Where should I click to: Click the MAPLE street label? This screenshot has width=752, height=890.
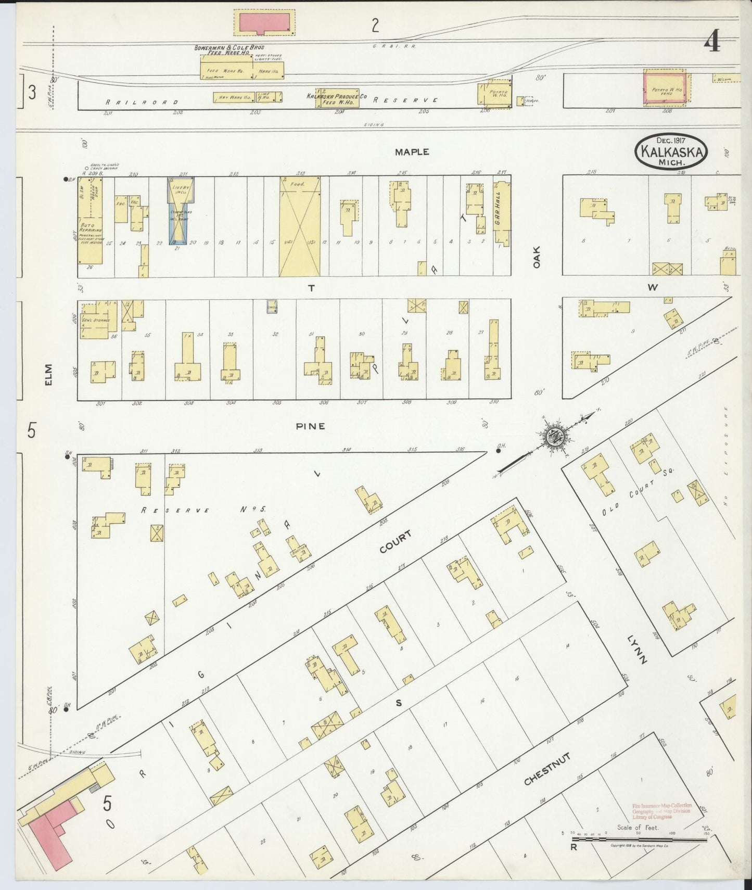(412, 151)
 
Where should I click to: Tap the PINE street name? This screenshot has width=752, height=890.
(311, 426)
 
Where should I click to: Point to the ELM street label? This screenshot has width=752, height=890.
(49, 374)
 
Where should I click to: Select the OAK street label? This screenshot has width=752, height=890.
(537, 257)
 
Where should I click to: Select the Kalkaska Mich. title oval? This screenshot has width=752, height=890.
(671, 150)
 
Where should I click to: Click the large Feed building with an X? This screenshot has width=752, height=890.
(300, 225)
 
